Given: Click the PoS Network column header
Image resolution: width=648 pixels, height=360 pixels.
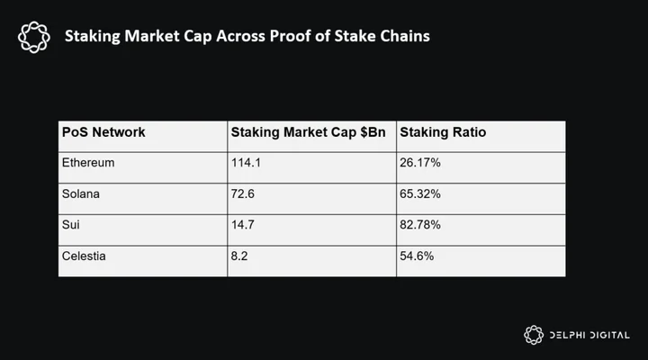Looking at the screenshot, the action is pos(103,132).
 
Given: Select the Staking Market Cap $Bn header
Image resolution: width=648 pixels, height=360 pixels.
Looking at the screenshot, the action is pos(308,132).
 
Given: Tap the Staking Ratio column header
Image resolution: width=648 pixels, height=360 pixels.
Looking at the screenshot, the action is pos(443,132).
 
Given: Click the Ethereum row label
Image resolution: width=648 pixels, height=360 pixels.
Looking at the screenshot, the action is pos(88,163).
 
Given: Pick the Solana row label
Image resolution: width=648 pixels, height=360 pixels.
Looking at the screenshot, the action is pos(81,193).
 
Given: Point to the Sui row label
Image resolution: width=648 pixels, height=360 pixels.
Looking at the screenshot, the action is pos(71,225).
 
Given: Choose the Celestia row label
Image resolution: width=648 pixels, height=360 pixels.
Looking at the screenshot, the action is pos(84,256).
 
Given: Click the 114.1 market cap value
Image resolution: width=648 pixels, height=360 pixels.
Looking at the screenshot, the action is pos(246,163).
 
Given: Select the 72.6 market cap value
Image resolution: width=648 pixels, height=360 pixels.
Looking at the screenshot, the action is pos(243,193).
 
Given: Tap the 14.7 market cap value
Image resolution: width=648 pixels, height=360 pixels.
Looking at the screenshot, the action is pos(243,225).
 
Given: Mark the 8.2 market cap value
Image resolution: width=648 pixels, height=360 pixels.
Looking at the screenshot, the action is pos(239,256).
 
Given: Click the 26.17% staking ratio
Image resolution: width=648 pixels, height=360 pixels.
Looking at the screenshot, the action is pos(420,163).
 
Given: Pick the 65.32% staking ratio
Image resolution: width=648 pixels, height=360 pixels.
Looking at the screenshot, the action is pos(420,193).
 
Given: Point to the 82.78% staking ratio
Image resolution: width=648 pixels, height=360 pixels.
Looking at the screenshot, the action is pos(420,225).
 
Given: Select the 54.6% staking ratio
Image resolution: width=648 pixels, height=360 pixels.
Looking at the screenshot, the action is pos(417,256).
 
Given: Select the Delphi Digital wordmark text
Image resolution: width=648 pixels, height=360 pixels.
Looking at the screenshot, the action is pos(589,335).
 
